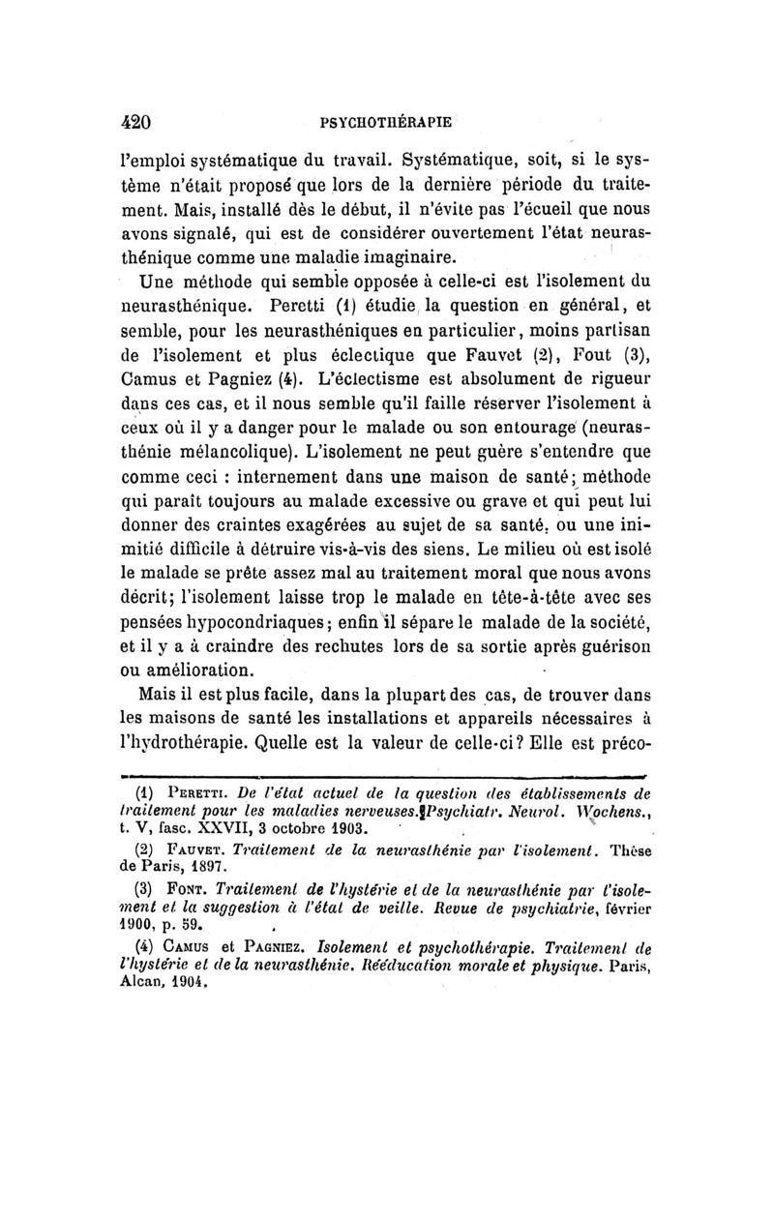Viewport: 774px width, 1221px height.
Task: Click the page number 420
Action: tap(132, 123)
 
